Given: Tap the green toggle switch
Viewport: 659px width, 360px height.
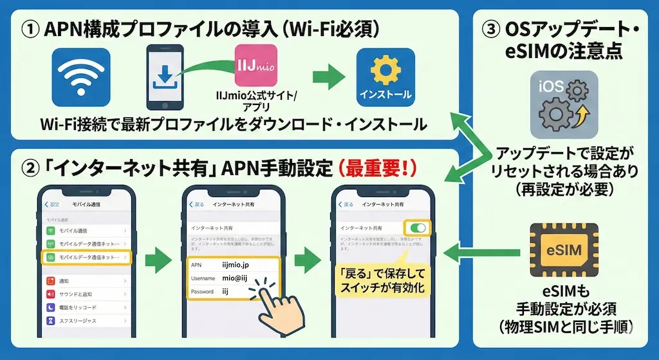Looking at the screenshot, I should click(x=418, y=228).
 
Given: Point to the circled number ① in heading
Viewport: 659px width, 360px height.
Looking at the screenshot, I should click(x=31, y=30).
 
